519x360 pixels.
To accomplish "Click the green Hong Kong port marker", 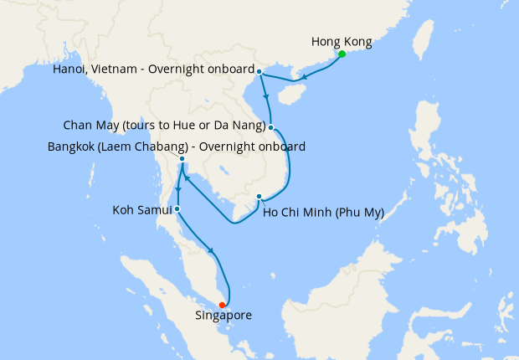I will [342, 54].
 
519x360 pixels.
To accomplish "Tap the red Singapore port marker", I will [222, 305].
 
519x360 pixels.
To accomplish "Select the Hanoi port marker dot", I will [259, 71].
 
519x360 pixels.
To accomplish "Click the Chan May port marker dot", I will [271, 127].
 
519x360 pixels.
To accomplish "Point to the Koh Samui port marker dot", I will [177, 208].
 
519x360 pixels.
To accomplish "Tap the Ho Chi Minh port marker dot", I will [259, 198].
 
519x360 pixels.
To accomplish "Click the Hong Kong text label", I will [341, 41].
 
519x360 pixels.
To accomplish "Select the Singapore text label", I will [223, 316].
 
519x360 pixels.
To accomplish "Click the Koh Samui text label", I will [141, 209].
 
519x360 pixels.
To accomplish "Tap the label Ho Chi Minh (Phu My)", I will [323, 212].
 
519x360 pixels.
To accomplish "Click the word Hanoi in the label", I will [69, 69].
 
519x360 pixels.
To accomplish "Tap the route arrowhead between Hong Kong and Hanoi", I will [304, 78].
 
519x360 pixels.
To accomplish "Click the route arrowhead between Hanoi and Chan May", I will [267, 98].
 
